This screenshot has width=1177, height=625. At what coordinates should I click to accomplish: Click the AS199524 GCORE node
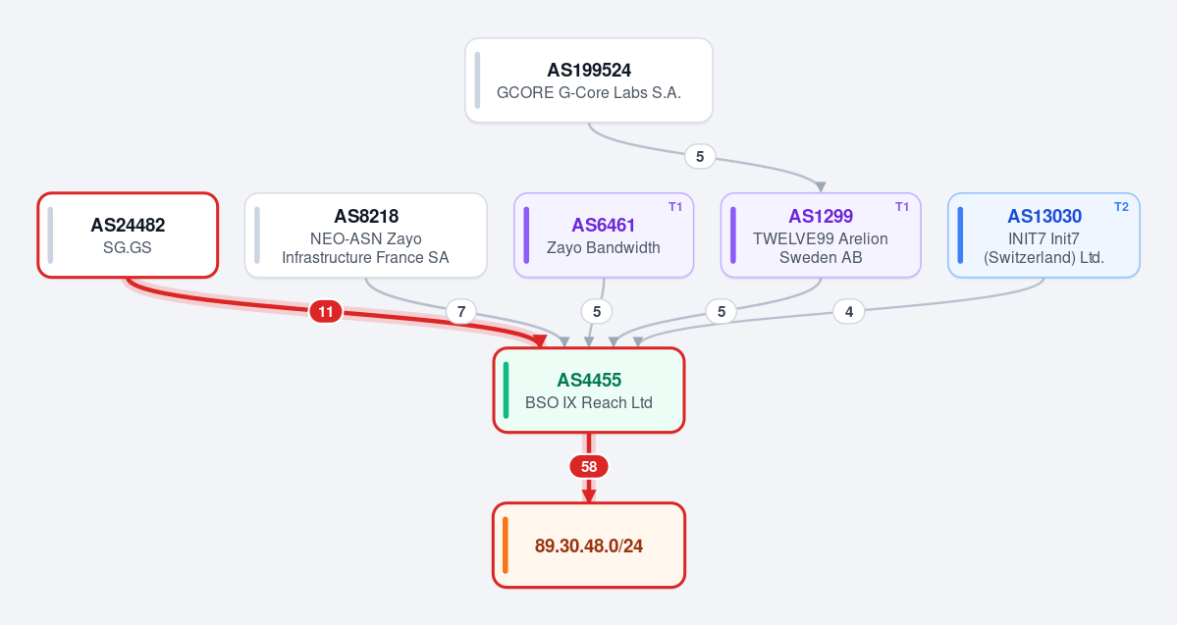point(589,80)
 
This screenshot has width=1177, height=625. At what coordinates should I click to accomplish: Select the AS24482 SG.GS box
point(128,234)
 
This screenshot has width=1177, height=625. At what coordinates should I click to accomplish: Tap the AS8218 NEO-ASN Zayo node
point(365,234)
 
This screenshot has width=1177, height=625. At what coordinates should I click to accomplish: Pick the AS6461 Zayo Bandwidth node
point(604,234)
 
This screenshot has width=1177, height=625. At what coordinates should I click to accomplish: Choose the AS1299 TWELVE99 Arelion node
point(821,234)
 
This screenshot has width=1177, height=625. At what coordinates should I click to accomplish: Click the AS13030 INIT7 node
point(1043,234)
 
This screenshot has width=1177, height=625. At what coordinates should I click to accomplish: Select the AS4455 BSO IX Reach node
point(589,391)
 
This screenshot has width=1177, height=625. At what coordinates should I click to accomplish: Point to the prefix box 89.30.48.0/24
point(589,546)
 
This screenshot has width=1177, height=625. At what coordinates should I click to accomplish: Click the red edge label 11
point(326,311)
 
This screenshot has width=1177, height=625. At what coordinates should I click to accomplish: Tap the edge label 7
point(461,311)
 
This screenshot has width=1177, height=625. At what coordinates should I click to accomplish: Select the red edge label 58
point(589,467)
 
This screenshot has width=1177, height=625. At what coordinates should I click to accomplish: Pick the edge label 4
point(849,311)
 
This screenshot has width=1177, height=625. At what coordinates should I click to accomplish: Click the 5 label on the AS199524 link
point(700,156)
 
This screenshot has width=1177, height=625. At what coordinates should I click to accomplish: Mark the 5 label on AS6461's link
point(597,311)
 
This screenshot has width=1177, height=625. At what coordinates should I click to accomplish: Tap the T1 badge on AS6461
point(675,207)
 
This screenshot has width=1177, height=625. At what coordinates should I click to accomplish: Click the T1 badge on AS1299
point(902,207)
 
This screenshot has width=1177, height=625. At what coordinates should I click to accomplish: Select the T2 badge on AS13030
point(1121,207)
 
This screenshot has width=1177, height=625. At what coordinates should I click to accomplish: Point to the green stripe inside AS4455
point(506,391)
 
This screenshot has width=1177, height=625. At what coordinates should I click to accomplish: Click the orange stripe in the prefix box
point(506,546)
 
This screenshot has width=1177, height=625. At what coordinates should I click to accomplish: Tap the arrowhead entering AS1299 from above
point(821,186)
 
